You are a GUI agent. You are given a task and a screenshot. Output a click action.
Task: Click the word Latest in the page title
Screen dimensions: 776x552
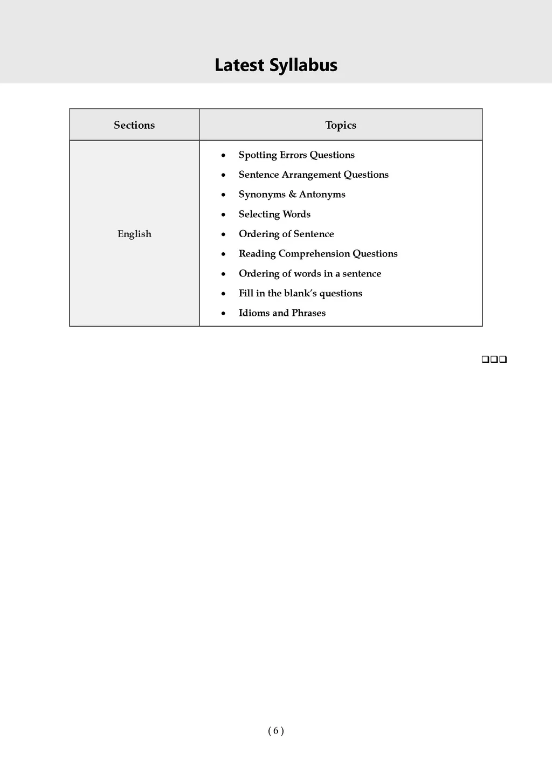(239, 65)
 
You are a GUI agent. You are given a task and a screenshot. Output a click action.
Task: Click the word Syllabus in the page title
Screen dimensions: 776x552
(303, 66)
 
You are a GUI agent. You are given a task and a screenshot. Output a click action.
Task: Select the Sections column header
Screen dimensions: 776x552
(134, 125)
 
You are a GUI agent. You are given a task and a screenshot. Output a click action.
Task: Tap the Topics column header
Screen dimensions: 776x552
(341, 125)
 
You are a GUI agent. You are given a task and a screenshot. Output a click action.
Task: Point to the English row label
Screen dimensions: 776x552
(134, 234)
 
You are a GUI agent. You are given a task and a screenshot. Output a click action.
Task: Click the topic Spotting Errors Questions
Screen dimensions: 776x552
(296, 155)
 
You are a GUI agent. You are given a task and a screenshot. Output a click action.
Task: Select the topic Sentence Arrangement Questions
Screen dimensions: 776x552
(313, 175)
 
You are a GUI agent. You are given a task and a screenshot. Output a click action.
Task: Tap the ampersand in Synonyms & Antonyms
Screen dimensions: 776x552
(292, 195)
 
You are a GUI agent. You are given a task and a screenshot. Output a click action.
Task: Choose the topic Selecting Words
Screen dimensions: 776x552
(274, 214)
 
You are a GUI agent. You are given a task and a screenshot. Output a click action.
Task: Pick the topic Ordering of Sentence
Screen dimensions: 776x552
(286, 234)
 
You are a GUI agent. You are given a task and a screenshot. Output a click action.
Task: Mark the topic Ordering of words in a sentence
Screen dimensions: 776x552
(309, 274)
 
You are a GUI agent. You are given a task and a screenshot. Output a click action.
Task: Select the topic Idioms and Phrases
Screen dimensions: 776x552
(282, 313)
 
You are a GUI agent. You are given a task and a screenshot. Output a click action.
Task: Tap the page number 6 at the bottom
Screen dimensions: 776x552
(275, 731)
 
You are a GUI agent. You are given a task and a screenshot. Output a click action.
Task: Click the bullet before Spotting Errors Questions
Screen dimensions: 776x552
(223, 156)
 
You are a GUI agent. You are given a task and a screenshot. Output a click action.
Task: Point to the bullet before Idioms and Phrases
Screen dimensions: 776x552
(223, 314)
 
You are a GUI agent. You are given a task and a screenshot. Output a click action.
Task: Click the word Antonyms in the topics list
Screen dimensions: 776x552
(322, 195)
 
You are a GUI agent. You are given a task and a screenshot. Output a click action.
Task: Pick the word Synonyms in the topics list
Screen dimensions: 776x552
(262, 195)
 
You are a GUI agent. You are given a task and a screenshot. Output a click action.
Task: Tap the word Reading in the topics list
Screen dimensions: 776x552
(257, 254)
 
